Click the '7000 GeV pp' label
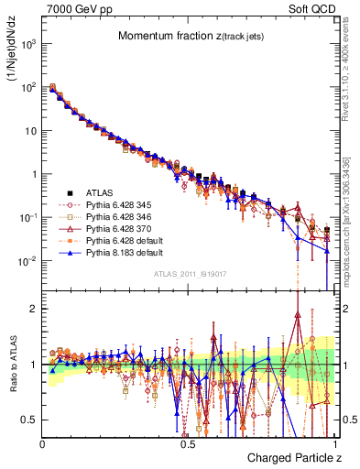tap(74, 8)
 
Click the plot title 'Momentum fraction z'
tap(189, 36)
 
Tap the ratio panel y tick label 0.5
tap(28, 420)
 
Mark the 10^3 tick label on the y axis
tap(27, 44)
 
